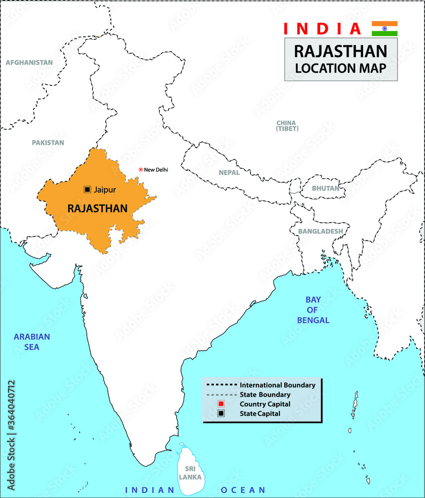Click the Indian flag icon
point(385,28)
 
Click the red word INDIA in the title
point(322,29)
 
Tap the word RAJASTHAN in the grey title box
point(341,51)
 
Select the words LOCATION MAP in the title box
point(341,68)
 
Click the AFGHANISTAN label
point(29,63)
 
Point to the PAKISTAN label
point(48,142)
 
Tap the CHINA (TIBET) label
point(287,125)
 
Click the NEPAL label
point(229,173)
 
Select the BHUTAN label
point(325,189)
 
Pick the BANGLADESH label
point(320,232)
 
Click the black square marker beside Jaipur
point(87,189)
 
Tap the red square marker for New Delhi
point(141,170)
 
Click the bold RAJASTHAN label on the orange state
point(97,208)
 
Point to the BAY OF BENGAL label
point(313,310)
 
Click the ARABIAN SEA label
point(32,342)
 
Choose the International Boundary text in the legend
point(277,385)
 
